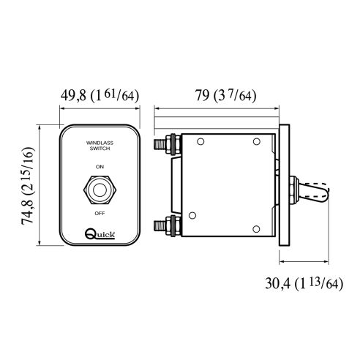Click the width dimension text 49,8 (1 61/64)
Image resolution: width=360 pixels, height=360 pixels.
click(x=99, y=95)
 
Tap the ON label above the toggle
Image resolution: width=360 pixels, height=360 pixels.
click(x=100, y=168)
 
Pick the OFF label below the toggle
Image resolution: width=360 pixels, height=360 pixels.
click(x=100, y=212)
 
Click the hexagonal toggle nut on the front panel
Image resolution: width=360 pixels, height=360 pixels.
click(x=100, y=191)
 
